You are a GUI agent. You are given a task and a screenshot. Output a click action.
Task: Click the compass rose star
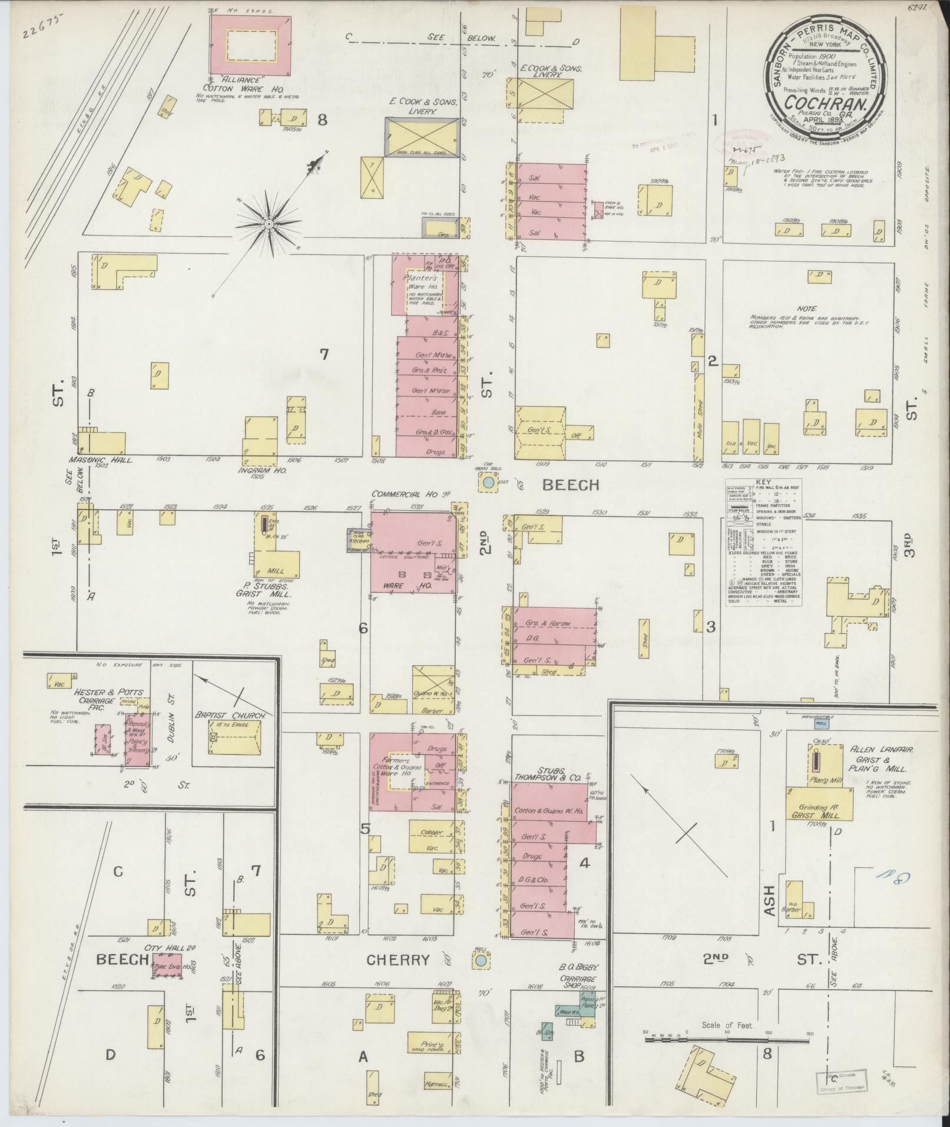tap(269, 224)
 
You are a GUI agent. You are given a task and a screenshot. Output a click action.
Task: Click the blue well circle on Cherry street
tap(481, 961)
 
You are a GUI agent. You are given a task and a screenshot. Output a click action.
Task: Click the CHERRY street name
tap(398, 960)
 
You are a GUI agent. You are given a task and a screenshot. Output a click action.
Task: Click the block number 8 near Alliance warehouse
tap(322, 120)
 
